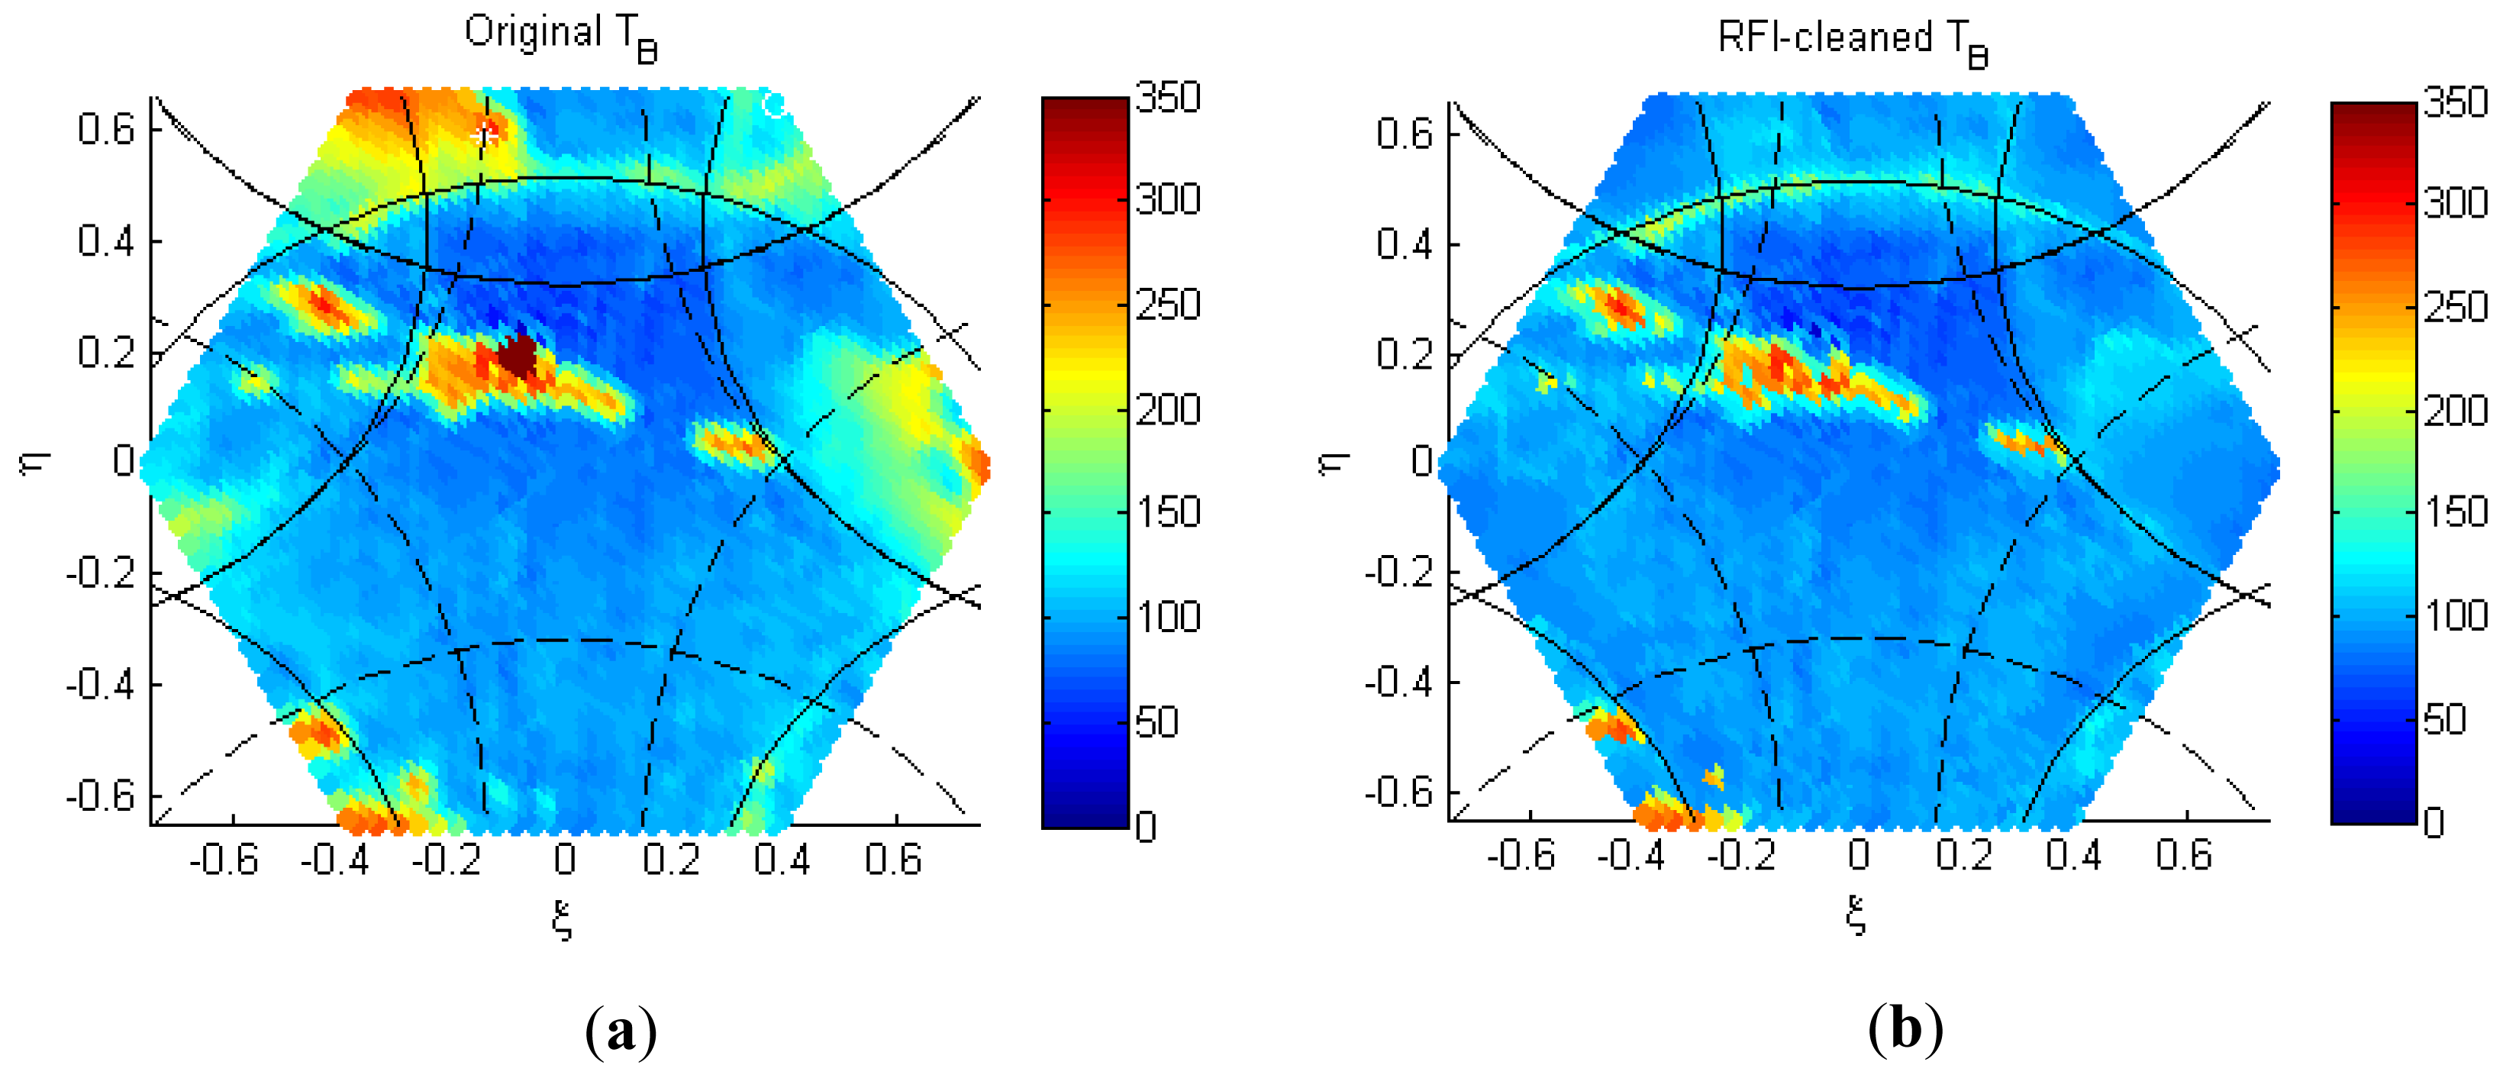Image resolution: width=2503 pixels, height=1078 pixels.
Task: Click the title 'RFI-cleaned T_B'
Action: coord(1851,40)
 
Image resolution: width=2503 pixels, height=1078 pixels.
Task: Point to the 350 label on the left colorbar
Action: coord(1169,98)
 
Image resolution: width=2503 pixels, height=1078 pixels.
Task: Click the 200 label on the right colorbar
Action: coord(2456,410)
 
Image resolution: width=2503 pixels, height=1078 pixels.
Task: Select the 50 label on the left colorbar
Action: coord(1156,722)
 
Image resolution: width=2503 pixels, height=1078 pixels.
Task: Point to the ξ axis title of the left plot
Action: coord(562,919)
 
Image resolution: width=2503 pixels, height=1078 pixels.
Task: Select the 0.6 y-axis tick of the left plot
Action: coord(106,128)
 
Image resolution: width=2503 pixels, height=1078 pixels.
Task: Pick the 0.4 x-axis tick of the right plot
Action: coord(2072,855)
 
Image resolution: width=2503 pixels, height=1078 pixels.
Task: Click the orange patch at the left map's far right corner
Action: coord(976,461)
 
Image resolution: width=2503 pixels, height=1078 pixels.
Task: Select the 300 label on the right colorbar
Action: coord(2456,203)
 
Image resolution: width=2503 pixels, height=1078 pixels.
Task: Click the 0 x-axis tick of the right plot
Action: coord(1858,855)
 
